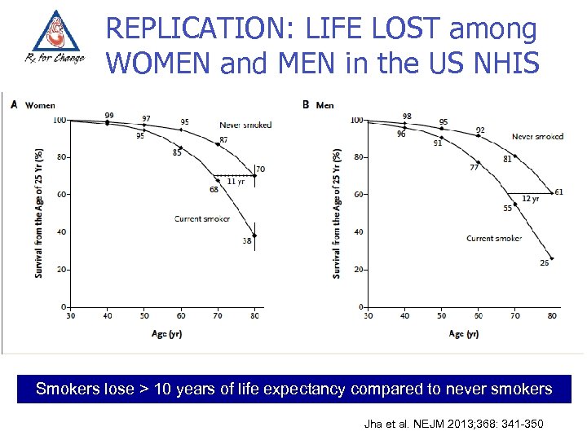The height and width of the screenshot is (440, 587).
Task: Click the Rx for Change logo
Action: click(x=53, y=41)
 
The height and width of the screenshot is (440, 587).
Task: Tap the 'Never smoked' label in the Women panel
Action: click(x=245, y=125)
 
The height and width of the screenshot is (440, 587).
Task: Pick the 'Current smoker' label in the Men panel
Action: click(x=493, y=238)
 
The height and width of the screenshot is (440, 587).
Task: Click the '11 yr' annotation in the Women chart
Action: click(x=235, y=182)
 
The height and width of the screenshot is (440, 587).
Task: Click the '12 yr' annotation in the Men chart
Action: click(x=529, y=199)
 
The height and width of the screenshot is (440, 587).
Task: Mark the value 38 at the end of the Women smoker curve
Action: click(x=246, y=241)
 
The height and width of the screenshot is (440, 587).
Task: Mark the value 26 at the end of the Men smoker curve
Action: click(x=544, y=262)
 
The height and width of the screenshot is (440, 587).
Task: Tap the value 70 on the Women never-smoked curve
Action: click(x=260, y=169)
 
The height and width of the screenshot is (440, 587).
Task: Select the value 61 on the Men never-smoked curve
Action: click(x=558, y=192)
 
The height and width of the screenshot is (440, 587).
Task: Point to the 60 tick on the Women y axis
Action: click(x=60, y=195)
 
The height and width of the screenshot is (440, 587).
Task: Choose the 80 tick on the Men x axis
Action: click(x=552, y=315)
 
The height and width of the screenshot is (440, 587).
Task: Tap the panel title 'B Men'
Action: click(x=318, y=104)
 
